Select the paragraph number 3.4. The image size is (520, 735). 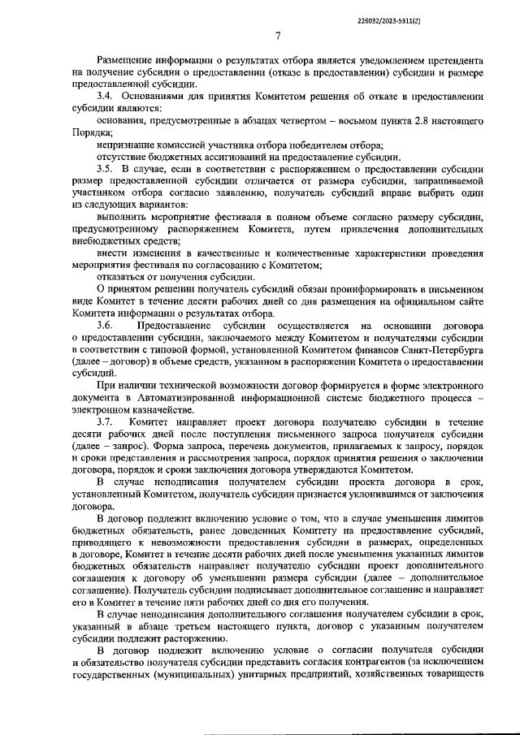pos(105,97)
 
